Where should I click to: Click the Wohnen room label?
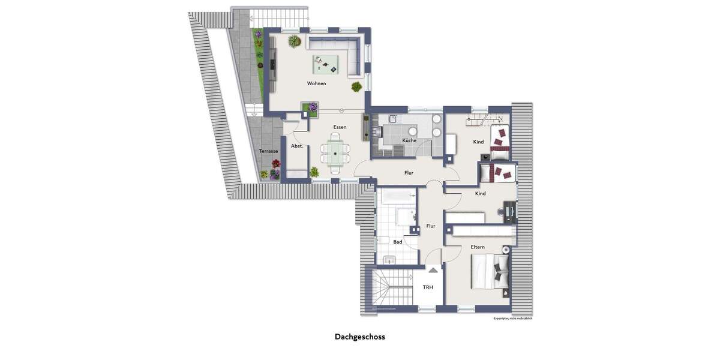tap(316, 83)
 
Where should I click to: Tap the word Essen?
tap(340, 127)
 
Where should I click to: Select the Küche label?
tap(409, 140)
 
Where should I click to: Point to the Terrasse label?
tap(268, 151)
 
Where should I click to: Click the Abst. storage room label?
tap(296, 146)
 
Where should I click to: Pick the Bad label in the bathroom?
tap(397, 242)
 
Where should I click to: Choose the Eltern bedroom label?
tap(478, 247)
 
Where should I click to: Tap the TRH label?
tap(428, 287)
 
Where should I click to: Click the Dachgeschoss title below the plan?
tap(360, 337)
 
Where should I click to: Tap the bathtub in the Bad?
tap(396, 196)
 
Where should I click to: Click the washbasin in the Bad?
tap(389, 260)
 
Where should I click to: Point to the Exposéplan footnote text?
tap(512, 318)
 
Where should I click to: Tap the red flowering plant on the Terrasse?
tap(275, 164)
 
